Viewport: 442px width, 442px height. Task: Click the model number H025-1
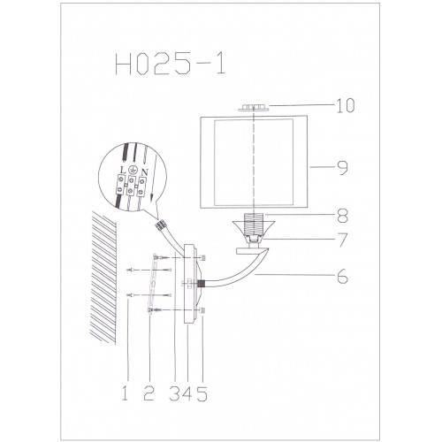click(x=170, y=64)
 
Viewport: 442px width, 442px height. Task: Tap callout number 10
click(x=346, y=105)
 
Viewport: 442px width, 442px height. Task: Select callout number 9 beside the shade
click(x=342, y=168)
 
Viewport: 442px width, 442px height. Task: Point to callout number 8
click(x=343, y=216)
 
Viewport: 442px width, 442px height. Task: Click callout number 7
click(x=343, y=240)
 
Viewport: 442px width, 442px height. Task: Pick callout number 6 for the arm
click(x=342, y=277)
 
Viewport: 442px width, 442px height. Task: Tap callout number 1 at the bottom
click(x=125, y=393)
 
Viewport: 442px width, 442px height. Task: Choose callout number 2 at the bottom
click(x=149, y=393)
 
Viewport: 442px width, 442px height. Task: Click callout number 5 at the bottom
click(x=202, y=393)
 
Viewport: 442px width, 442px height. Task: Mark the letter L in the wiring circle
click(x=123, y=171)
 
